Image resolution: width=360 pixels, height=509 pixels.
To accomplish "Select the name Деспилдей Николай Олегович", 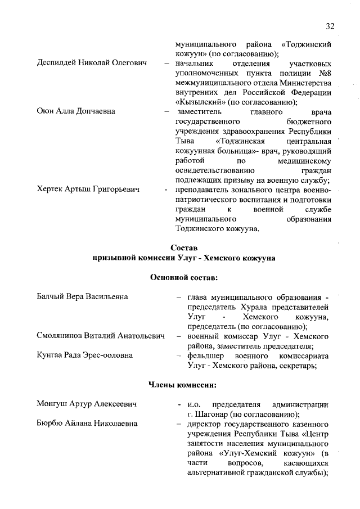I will (x=91, y=64).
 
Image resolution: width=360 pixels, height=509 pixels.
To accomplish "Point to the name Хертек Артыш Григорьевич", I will (x=88, y=191).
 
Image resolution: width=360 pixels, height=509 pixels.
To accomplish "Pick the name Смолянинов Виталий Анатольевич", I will (x=100, y=336).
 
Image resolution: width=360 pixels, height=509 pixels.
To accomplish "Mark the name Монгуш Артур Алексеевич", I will (x=87, y=404).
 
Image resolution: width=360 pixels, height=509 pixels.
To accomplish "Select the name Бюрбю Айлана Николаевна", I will (x=87, y=424).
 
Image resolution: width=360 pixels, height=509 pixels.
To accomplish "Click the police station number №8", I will (x=321, y=74).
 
